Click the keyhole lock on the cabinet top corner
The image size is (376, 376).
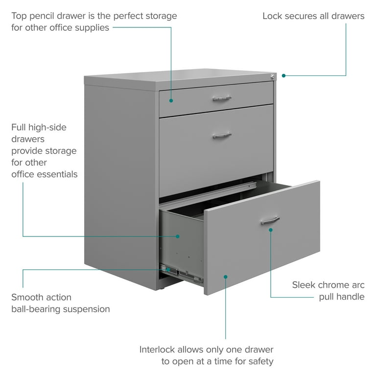pos(272,77)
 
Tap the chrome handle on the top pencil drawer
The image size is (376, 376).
pos(222,98)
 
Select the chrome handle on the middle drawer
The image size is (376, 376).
pos(222,136)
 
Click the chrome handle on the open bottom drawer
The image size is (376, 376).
pos(270,220)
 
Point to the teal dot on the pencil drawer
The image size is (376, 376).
pos(171,101)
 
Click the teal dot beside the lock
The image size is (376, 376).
pos(283,76)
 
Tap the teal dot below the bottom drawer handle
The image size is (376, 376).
pos(271,230)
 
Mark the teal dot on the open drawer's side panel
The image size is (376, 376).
pos(178,236)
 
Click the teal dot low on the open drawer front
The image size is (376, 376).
pos(226,277)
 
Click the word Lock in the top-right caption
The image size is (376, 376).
pos(272,16)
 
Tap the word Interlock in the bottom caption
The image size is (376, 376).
pos(157,350)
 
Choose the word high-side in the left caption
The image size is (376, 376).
pos(47,128)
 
